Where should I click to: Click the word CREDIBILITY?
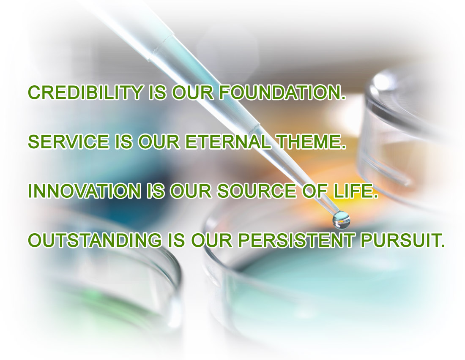coord(85,92)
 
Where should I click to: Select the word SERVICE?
coord(68,142)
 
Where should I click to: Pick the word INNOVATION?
coord(85,191)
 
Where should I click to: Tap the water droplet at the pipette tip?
coord(341,220)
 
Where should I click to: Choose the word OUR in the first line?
coord(193,92)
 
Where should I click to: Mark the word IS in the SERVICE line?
coord(123,142)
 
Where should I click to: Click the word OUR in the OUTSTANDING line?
coord(212,240)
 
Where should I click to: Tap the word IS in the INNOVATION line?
coord(156,191)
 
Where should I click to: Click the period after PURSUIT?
coord(443,245)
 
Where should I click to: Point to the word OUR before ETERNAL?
coord(159,142)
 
